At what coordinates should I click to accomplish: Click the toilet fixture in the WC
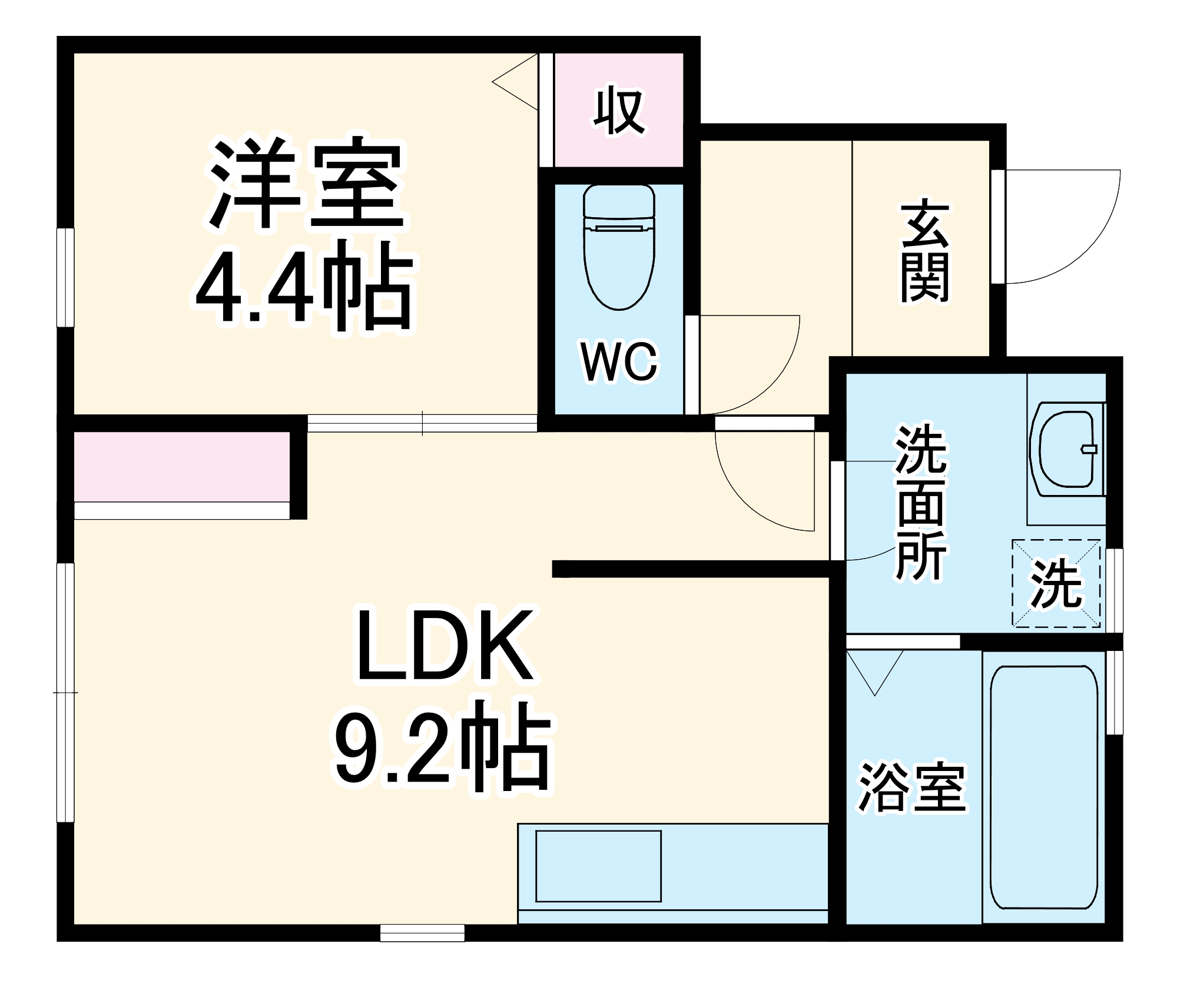(619, 247)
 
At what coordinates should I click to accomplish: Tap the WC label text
(619, 362)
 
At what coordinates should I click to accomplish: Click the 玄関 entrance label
(924, 253)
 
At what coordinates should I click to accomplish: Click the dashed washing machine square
(1056, 583)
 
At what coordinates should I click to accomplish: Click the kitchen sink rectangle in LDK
(598, 866)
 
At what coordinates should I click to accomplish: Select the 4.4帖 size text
(306, 287)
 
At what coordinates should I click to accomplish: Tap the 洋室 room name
(306, 184)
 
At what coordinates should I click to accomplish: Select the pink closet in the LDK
(182, 467)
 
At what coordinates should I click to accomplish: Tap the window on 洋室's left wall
(65, 277)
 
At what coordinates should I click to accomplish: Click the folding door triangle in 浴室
(875, 672)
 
